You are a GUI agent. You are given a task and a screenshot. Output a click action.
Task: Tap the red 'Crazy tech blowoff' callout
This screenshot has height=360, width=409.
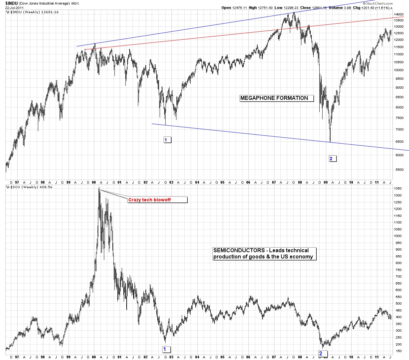click(157, 200)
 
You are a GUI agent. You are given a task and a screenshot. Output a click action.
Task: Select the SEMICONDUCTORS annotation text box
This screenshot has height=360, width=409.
click(264, 254)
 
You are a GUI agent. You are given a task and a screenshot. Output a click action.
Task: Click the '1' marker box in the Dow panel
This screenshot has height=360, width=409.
click(167, 140)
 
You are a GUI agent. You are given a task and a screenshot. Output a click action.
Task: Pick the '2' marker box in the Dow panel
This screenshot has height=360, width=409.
click(332, 159)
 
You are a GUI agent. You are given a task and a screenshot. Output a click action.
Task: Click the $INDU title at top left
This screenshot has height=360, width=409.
click(12, 3)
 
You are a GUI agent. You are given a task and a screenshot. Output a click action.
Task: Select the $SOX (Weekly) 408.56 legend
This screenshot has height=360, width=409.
click(31, 187)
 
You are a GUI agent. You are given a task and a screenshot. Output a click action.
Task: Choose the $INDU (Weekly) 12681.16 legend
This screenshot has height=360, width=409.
click(34, 12)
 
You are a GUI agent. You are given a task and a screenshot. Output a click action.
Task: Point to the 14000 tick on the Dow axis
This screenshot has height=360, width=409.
click(399, 15)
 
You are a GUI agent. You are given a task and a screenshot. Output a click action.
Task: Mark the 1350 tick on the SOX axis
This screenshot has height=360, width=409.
click(398, 189)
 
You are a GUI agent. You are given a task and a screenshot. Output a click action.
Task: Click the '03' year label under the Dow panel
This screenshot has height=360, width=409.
click(171, 182)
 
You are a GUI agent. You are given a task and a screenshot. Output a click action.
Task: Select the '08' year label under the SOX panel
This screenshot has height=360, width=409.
click(300, 357)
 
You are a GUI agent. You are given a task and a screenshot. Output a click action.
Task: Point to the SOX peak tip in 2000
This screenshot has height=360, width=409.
click(99, 188)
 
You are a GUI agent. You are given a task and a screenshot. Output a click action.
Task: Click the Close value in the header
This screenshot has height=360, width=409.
click(315, 8)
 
